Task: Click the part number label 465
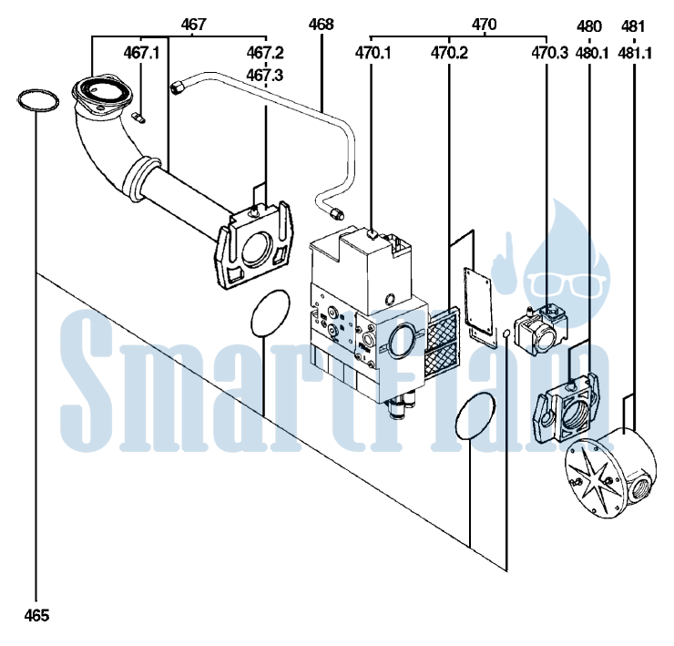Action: pyautogui.click(x=36, y=616)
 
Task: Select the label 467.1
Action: pyautogui.click(x=141, y=54)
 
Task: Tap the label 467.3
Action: pyautogui.click(x=265, y=76)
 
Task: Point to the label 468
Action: pyautogui.click(x=322, y=25)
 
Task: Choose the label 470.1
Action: pyautogui.click(x=373, y=54)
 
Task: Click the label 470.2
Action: pyautogui.click(x=449, y=54)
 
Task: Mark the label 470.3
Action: pyautogui.click(x=550, y=54)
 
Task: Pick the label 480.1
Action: pyautogui.click(x=592, y=54)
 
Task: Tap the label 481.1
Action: pyautogui.click(x=635, y=54)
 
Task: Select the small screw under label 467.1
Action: pyautogui.click(x=138, y=118)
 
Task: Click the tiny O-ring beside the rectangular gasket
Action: pyautogui.click(x=505, y=333)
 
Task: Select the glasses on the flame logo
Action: pyautogui.click(x=567, y=284)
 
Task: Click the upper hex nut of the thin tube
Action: pyautogui.click(x=177, y=87)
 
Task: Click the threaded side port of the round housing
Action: pyautogui.click(x=639, y=485)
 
